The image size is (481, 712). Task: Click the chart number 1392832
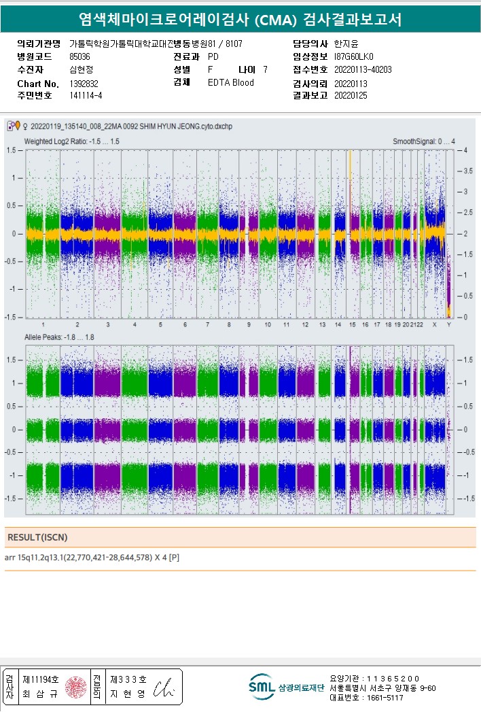tap(84, 83)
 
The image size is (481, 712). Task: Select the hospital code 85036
tap(80, 56)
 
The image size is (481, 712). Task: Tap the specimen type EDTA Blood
tap(231, 83)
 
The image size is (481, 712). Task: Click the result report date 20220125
tap(351, 96)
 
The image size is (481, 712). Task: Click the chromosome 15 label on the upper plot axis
tap(352, 325)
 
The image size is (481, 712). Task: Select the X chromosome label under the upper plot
tap(435, 325)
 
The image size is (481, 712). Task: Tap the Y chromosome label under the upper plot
tap(448, 325)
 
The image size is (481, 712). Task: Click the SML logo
tap(262, 687)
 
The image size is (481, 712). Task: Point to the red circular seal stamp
tap(76, 688)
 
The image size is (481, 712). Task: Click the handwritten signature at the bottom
tap(166, 688)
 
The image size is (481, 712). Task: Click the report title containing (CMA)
tap(240, 20)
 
